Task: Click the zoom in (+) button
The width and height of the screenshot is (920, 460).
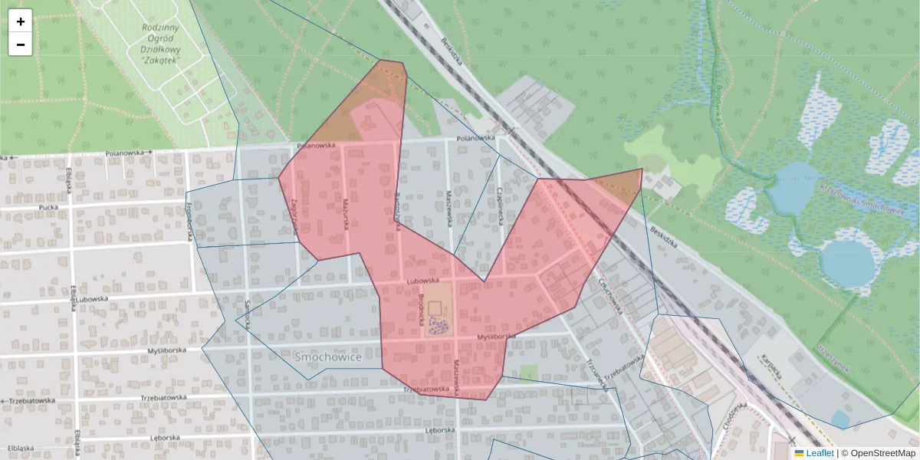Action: pos(21,21)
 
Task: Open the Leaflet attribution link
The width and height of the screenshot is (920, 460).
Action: pos(820,453)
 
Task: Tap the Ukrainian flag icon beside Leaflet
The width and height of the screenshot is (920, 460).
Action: pos(799,453)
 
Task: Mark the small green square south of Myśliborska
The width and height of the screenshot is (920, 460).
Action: pos(528,373)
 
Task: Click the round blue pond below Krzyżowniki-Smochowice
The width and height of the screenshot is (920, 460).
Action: pos(849,263)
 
